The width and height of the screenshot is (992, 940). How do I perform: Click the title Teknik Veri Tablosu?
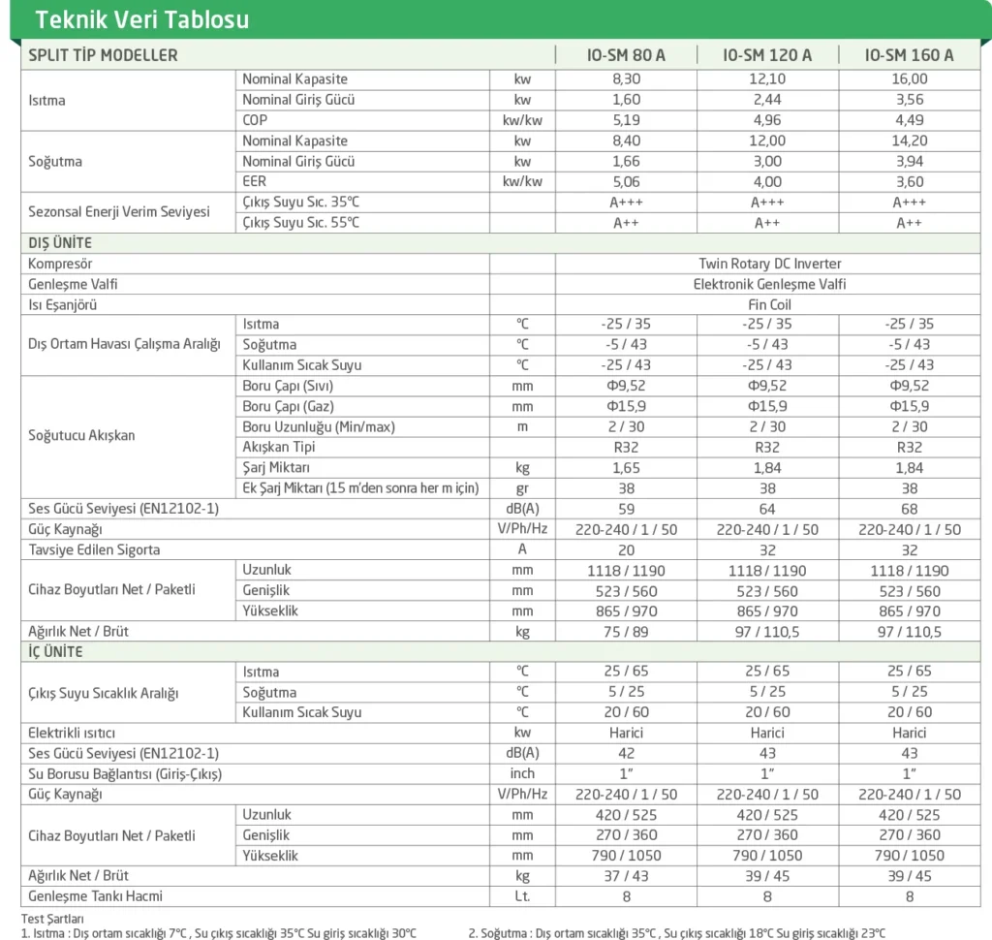tap(141, 19)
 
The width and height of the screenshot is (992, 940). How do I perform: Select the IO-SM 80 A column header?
tap(626, 55)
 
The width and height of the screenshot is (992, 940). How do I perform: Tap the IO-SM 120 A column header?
tap(767, 55)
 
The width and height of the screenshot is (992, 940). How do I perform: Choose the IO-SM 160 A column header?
tap(909, 55)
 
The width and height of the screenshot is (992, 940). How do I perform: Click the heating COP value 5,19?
tap(626, 120)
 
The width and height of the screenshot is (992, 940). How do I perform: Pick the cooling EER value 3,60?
tap(909, 181)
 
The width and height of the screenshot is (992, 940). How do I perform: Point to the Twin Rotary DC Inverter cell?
tap(770, 264)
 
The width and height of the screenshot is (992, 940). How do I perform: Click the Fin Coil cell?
tap(770, 304)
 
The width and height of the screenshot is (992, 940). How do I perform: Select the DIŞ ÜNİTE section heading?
tap(60, 243)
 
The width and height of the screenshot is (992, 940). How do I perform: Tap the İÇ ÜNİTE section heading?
tap(55, 651)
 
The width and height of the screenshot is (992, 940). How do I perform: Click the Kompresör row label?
tap(61, 264)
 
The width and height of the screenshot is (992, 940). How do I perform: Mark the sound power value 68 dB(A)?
tap(909, 509)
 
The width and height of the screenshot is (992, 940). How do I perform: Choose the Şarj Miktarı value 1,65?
tap(626, 468)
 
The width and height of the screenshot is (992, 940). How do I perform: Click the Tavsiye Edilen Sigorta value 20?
tap(626, 549)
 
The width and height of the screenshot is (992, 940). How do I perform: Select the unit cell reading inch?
tap(522, 773)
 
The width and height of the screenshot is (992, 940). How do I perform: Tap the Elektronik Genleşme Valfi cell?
tap(770, 284)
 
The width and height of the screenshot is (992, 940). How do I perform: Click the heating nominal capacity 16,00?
tap(909, 79)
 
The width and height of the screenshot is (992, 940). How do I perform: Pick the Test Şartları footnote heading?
tap(52, 919)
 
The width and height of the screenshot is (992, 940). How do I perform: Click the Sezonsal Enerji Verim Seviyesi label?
tap(119, 211)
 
